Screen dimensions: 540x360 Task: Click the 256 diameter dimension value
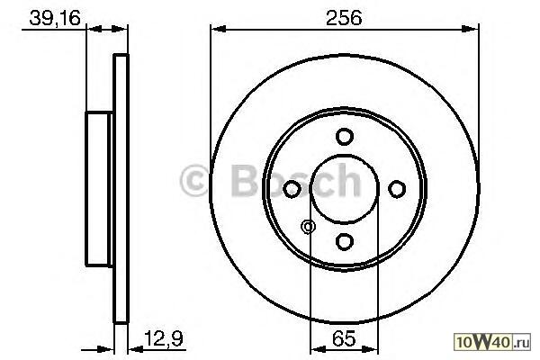point(344,18)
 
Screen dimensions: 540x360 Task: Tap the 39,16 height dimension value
point(55,18)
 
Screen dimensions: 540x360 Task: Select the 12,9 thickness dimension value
point(163,338)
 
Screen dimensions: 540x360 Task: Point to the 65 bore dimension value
point(344,338)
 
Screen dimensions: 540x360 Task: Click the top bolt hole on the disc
point(345,137)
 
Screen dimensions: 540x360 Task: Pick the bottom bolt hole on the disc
point(345,241)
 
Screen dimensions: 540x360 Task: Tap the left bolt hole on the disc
point(292,189)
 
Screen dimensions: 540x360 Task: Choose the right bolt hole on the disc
point(397,189)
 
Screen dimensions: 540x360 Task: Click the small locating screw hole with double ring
point(308,227)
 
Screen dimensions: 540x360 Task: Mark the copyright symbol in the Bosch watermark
point(194,181)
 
